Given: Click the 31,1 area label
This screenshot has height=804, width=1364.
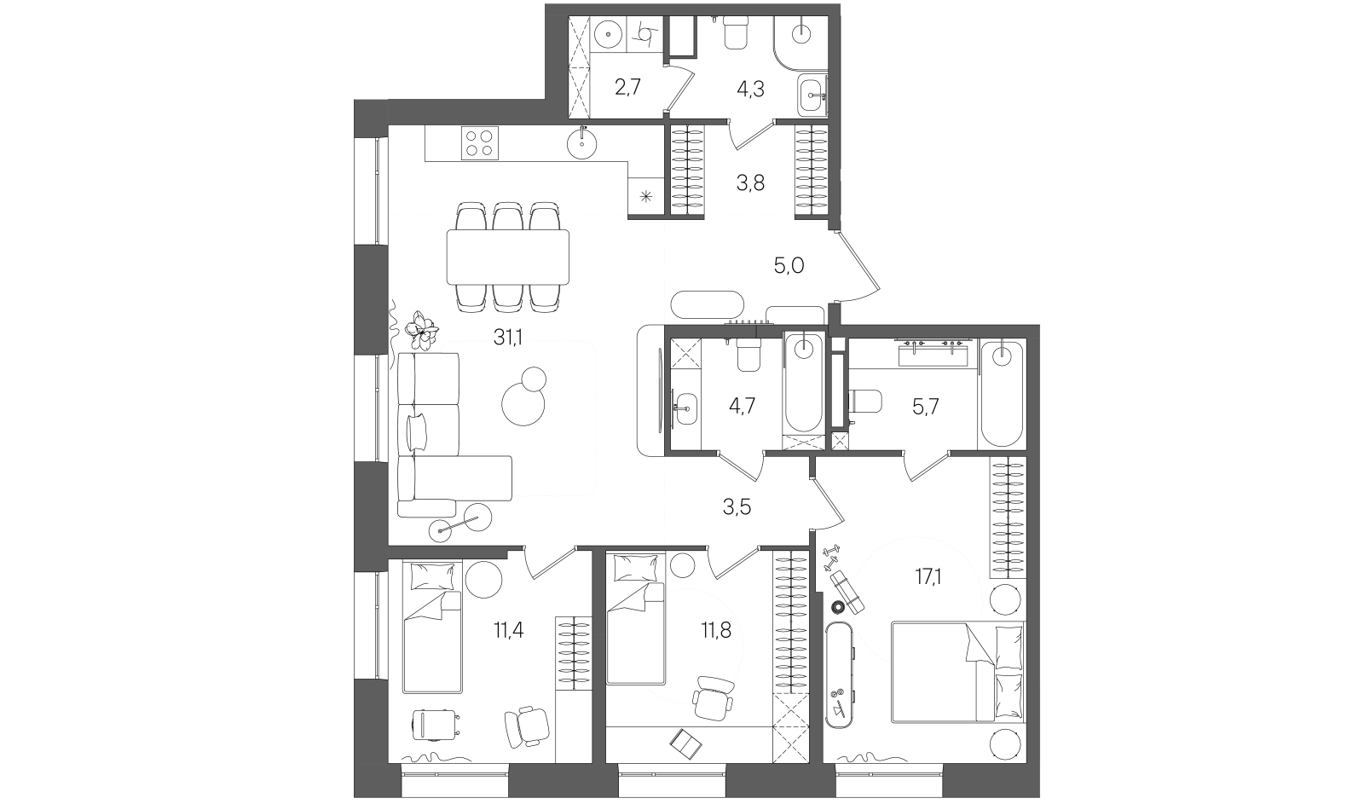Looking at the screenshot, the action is click(508, 337).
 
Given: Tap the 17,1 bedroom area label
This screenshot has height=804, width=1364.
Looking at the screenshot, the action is click(928, 577).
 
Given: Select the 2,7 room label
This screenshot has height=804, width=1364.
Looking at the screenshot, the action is click(627, 88).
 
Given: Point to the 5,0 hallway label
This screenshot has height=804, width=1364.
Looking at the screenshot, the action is click(789, 265).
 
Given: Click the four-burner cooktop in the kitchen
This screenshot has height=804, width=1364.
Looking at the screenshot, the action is click(480, 142).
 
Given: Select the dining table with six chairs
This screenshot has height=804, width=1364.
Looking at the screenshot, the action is click(508, 257).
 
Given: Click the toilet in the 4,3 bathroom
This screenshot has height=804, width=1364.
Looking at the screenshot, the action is click(736, 32).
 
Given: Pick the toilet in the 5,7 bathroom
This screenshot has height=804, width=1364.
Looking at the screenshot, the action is click(865, 402).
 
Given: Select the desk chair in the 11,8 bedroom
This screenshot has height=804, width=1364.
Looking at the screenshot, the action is click(713, 698).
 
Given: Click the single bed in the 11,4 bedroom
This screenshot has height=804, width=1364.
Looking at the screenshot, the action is click(432, 628).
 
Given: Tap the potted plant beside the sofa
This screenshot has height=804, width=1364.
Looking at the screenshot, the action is click(422, 330).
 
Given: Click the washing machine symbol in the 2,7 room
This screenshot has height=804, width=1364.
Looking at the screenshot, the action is click(644, 35).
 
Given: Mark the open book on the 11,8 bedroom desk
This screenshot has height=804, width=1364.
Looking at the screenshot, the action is click(685, 743).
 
